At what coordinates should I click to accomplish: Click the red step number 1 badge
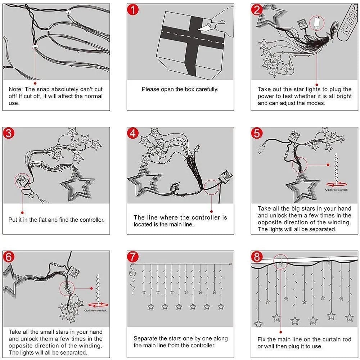pyautogui.click(x=133, y=10)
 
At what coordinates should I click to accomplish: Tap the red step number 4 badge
pyautogui.click(x=133, y=133)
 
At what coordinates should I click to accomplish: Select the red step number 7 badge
pyautogui.click(x=133, y=257)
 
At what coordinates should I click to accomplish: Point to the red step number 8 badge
pyautogui.click(x=257, y=257)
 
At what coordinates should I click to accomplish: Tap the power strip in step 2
pyautogui.click(x=348, y=23)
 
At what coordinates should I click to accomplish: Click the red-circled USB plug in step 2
pyautogui.click(x=317, y=23)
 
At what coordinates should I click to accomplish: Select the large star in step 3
pyautogui.click(x=77, y=184)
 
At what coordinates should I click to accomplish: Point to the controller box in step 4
pyautogui.click(x=225, y=176)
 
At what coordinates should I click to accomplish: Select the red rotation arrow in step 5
pyautogui.click(x=336, y=184)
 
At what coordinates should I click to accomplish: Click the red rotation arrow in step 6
pyautogui.click(x=98, y=305)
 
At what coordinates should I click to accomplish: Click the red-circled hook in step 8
pyautogui.click(x=281, y=262)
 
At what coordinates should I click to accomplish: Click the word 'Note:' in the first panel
pyautogui.click(x=15, y=89)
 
